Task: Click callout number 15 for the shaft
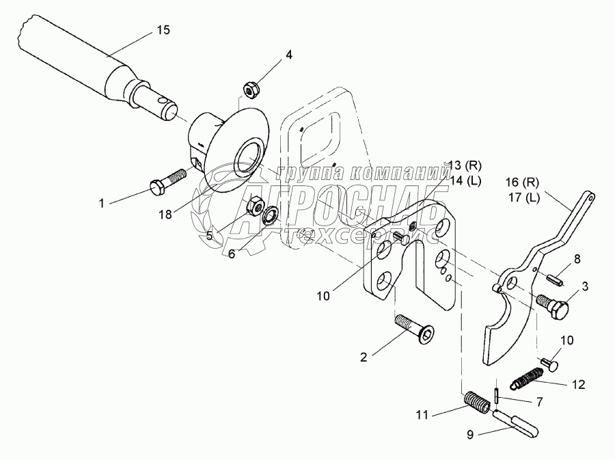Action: point(163,30)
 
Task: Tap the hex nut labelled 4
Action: point(249,90)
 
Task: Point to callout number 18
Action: point(165,215)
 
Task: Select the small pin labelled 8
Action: point(556,280)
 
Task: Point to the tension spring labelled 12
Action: point(528,379)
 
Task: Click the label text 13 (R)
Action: point(465,166)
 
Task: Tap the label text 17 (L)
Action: point(523,198)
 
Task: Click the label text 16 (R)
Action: point(522,182)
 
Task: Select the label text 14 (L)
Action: point(465,180)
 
